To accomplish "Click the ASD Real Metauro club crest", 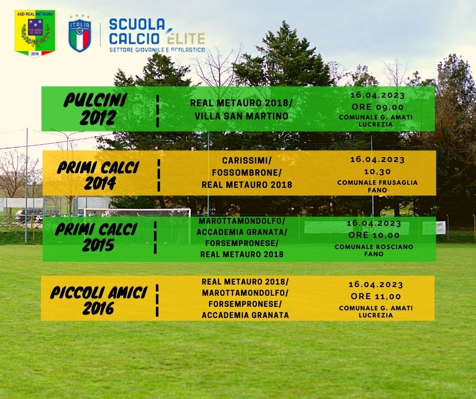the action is click(35, 33).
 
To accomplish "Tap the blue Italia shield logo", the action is click(80, 33).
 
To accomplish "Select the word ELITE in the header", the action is click(186, 38).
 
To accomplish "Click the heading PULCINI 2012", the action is click(96, 109).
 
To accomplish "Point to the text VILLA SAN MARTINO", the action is click(242, 116).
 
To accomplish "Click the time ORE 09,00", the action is click(377, 107).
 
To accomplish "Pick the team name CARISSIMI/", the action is click(247, 160).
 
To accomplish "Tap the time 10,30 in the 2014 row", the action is click(377, 172).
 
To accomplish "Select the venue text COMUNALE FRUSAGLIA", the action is click(377, 182).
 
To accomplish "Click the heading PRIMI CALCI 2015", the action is click(96, 237).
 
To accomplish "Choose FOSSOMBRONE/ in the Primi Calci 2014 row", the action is click(247, 173).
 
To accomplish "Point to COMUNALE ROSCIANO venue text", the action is click(374, 247).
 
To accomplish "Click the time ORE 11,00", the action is click(376, 296).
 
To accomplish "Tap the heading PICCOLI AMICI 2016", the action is click(99, 300).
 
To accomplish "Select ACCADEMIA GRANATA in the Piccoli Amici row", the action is click(245, 315).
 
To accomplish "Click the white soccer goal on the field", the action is click(137, 226).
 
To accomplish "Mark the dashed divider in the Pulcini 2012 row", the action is click(157, 111).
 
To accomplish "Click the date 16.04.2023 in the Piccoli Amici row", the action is click(376, 285).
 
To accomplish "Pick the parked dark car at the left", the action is click(29, 215).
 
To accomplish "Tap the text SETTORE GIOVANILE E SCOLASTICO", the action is click(157, 50).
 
